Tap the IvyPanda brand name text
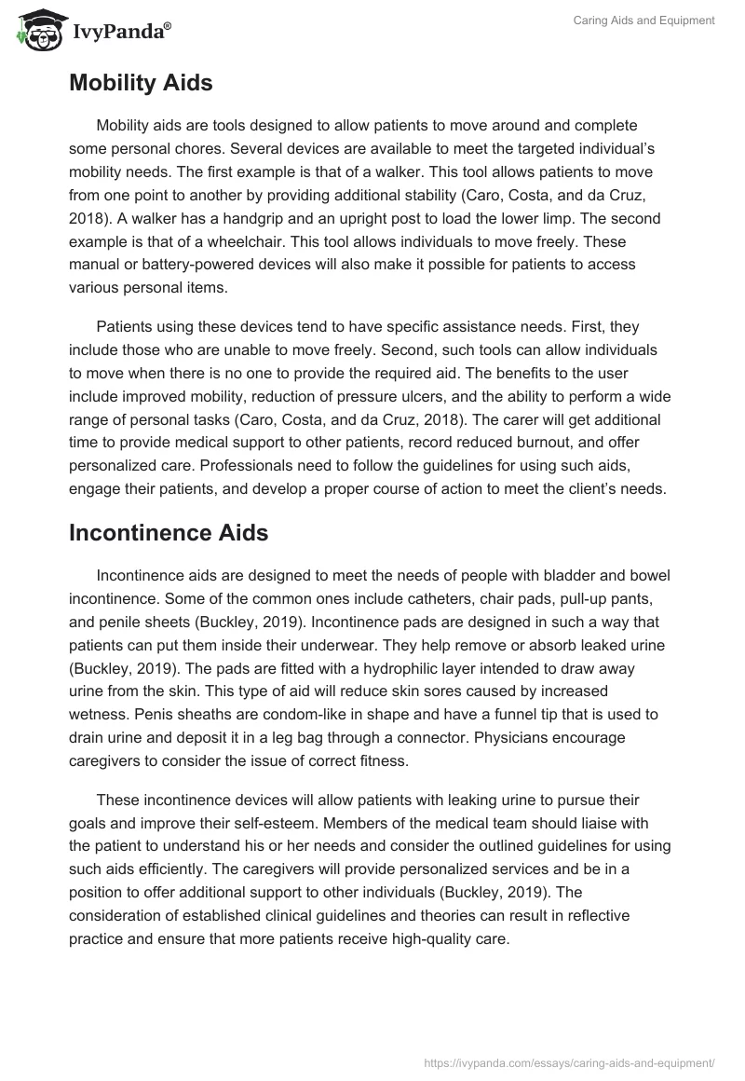pos(118,33)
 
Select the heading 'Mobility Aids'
pos(141,83)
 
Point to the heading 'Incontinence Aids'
pos(169,533)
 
